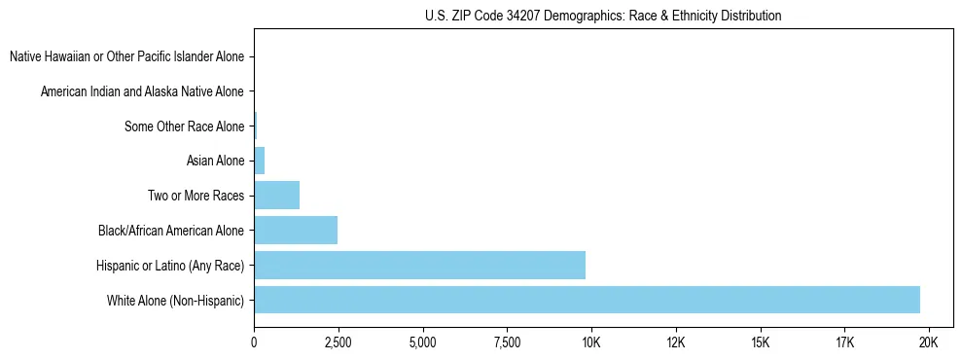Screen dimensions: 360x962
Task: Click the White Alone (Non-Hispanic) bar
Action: click(x=587, y=300)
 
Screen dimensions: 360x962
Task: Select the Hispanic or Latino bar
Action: click(x=419, y=265)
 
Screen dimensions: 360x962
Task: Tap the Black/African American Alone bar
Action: click(x=296, y=231)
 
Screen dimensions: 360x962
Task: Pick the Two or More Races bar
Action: click(x=276, y=196)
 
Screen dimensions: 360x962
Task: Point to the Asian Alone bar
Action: click(x=259, y=161)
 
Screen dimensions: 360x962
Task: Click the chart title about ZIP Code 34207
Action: click(x=603, y=16)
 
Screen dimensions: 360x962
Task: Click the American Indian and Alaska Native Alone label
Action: click(x=142, y=91)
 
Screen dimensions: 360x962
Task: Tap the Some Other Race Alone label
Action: click(x=184, y=126)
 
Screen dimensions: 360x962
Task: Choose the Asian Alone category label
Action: click(x=215, y=161)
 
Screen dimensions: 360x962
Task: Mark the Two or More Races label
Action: click(x=196, y=196)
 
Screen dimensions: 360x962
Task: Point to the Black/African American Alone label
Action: click(x=171, y=231)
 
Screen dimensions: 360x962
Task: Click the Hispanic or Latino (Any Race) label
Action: click(x=170, y=265)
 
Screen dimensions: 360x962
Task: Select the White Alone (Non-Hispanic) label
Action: click(x=175, y=300)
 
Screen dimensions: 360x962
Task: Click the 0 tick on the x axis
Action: click(x=254, y=342)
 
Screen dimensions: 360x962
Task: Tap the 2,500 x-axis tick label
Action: click(x=338, y=342)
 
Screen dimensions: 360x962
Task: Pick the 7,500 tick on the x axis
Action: click(x=507, y=342)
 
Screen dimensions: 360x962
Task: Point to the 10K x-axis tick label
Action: click(x=591, y=342)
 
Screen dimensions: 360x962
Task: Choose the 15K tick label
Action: click(x=760, y=342)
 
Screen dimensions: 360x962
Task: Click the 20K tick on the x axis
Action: click(x=928, y=342)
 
